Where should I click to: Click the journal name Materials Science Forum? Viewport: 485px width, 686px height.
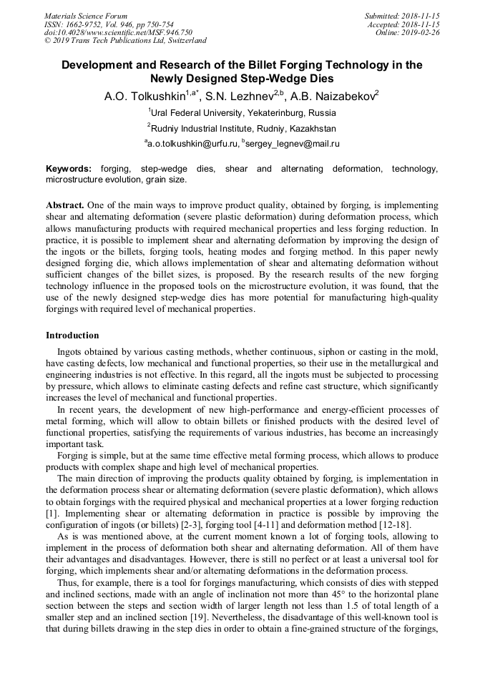[86, 16]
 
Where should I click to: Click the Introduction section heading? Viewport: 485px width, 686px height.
[72, 335]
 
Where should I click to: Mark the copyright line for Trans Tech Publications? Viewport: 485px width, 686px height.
[125, 41]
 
